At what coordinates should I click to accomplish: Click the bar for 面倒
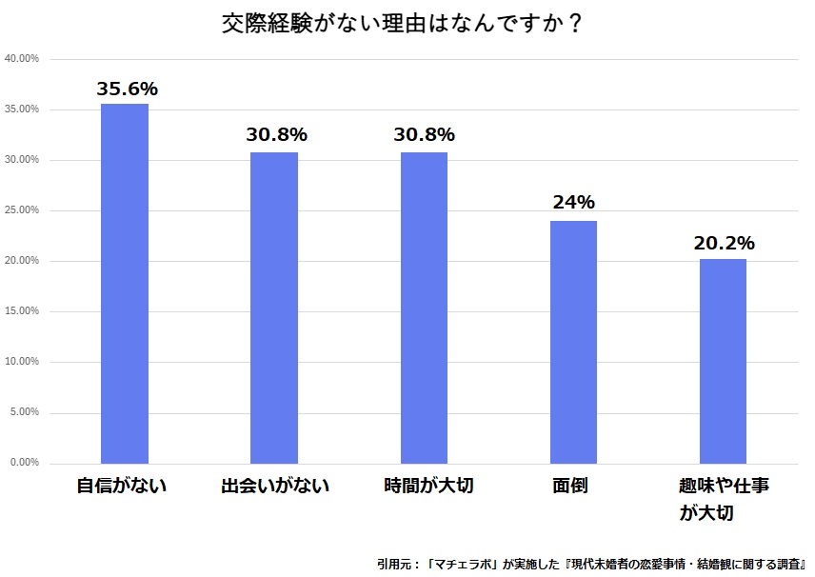click(573, 342)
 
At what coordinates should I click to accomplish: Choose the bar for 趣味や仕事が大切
click(723, 361)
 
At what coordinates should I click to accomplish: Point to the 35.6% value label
click(127, 90)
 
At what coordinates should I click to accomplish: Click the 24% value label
click(573, 203)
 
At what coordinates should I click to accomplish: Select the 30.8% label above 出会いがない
click(276, 135)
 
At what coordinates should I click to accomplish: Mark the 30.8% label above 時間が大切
click(424, 135)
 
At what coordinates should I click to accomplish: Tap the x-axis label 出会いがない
click(274, 487)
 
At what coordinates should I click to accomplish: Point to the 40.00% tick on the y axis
click(22, 59)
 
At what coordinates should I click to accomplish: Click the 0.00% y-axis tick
click(24, 463)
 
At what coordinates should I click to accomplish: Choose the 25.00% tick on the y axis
click(22, 210)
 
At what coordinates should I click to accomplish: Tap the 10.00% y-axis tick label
click(22, 362)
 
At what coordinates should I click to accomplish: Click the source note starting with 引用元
click(591, 563)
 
